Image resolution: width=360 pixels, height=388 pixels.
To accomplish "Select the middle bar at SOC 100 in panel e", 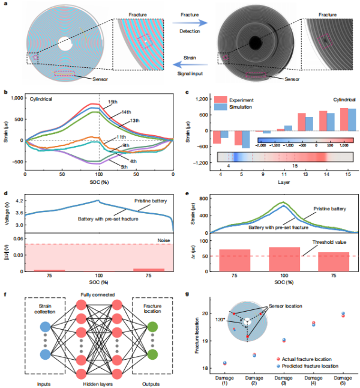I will [284, 259].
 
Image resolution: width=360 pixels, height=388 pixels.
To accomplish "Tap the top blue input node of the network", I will [46, 327].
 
